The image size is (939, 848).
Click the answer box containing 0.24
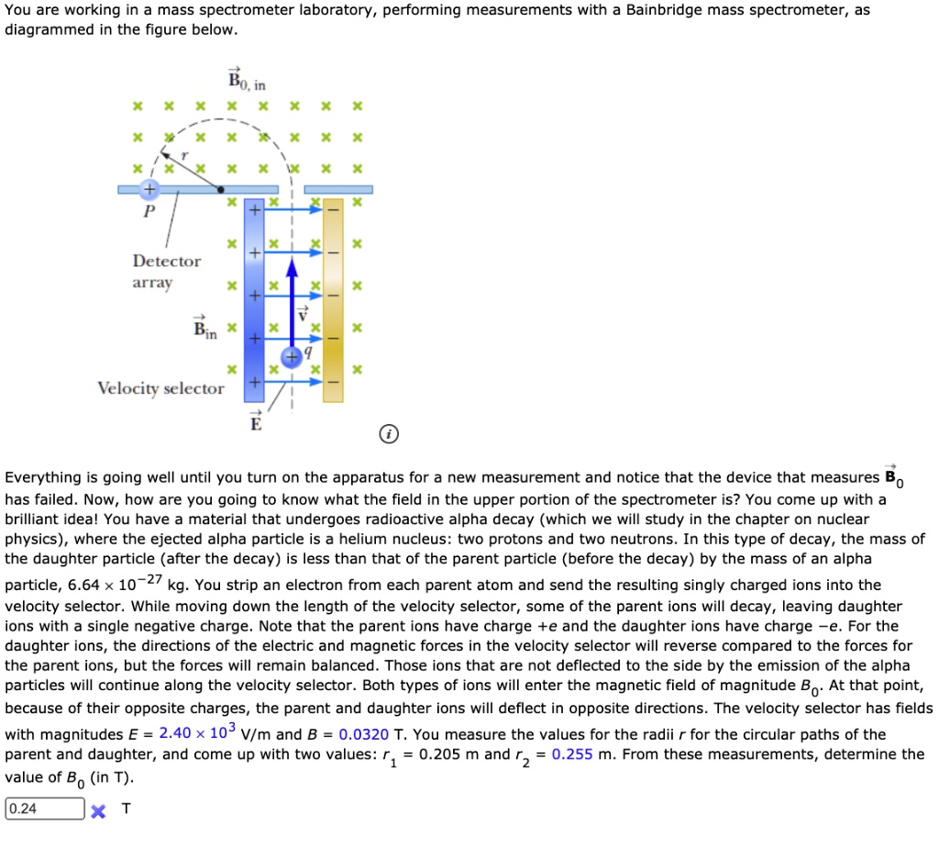(x=44, y=809)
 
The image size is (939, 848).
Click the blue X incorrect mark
(x=100, y=809)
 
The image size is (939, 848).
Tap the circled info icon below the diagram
(x=390, y=434)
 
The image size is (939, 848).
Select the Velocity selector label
(x=160, y=388)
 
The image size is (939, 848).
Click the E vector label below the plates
(x=256, y=422)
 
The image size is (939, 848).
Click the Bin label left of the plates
(x=204, y=328)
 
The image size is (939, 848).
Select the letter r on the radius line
(x=183, y=155)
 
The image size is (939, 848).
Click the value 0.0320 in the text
(x=364, y=734)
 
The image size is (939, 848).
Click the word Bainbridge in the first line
(x=668, y=10)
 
